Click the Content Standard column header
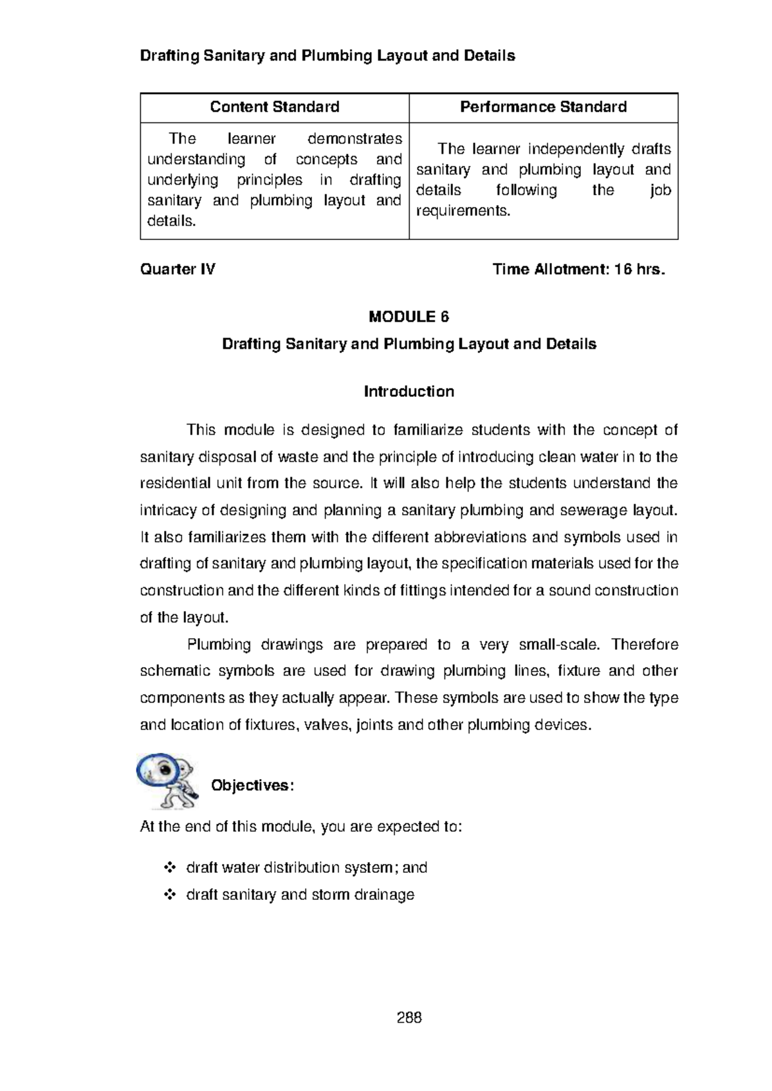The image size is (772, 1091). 275,107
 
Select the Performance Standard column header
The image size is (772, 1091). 543,107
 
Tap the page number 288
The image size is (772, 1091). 409,1018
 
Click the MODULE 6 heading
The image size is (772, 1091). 409,316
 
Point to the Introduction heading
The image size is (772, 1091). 409,392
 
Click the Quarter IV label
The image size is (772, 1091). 178,270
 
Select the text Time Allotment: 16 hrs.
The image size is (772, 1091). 578,270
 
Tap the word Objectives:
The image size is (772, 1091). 252,785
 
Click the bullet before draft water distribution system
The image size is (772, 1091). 170,868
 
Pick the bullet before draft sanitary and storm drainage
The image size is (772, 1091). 170,895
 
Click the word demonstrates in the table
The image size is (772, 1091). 354,139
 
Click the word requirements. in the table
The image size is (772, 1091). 463,211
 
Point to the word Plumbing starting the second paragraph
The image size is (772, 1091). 219,645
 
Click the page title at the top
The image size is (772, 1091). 327,56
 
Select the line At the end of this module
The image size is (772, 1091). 300,827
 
